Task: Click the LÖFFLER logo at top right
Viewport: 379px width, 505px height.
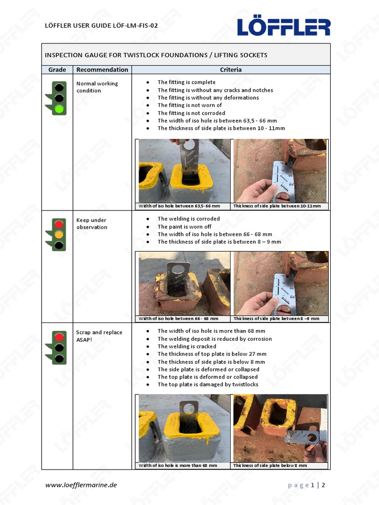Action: click(x=283, y=27)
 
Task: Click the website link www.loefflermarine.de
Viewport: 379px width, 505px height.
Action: click(x=81, y=485)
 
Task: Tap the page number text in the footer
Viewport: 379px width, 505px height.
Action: click(x=306, y=485)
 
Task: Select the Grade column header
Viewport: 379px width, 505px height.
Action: click(x=57, y=70)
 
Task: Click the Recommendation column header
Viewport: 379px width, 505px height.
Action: click(x=102, y=70)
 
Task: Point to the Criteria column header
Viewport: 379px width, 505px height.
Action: click(x=230, y=70)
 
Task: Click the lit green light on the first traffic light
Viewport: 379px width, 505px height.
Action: click(x=60, y=108)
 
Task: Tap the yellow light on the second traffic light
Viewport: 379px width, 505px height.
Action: click(x=59, y=235)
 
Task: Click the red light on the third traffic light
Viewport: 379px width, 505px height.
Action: click(x=60, y=337)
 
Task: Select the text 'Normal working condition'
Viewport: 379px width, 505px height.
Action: click(x=97, y=87)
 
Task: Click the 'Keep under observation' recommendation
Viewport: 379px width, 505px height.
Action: click(x=92, y=223)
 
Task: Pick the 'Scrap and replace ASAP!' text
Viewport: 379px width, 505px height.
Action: click(x=99, y=336)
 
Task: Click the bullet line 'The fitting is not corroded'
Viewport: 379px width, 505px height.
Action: click(x=191, y=113)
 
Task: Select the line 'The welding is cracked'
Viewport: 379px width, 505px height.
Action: click(x=187, y=346)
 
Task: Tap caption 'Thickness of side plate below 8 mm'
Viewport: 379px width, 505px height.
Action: click(x=270, y=465)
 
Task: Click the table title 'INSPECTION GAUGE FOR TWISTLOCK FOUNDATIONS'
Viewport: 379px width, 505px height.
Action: click(x=156, y=55)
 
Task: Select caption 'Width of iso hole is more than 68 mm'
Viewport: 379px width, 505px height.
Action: click(x=178, y=465)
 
